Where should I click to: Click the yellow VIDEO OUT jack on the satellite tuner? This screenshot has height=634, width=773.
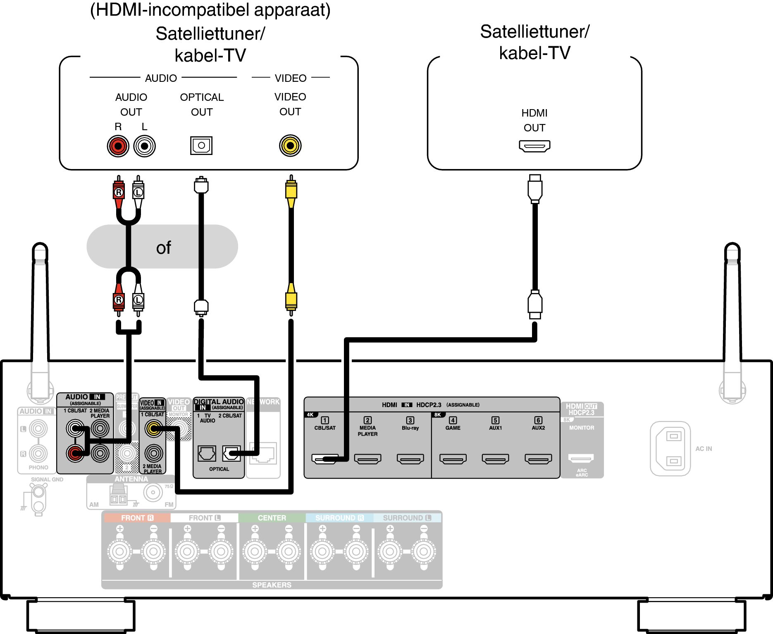coord(290,145)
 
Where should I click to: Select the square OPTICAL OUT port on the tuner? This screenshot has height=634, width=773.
coord(201,145)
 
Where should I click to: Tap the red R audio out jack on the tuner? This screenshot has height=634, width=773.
coord(118,146)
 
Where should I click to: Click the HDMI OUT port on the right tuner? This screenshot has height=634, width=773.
coord(534,146)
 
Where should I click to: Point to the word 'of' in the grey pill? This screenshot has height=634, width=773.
coord(163,248)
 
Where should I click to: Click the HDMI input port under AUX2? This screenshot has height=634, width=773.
coord(538,458)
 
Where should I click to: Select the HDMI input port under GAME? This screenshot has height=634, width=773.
coord(453,458)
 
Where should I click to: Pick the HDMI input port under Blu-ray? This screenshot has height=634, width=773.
coord(410,458)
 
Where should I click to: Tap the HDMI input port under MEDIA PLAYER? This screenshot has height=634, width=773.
coord(368,458)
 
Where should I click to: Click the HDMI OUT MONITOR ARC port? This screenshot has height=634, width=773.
coord(581,458)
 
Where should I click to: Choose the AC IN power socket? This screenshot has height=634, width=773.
coord(670,448)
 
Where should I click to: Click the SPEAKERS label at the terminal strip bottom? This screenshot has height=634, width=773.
coord(272,585)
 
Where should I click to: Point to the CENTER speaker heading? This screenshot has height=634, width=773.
coord(272,518)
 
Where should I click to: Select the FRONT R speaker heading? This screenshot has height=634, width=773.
coord(137,518)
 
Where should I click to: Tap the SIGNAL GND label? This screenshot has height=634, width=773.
coord(47,479)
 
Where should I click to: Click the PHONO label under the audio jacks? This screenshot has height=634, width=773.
coord(38,467)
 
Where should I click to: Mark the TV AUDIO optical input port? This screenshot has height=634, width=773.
coord(207,453)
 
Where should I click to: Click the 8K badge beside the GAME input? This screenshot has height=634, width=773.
coord(438,415)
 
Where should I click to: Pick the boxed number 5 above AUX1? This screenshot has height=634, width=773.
coord(495,420)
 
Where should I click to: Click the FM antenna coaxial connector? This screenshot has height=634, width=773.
coord(153,492)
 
